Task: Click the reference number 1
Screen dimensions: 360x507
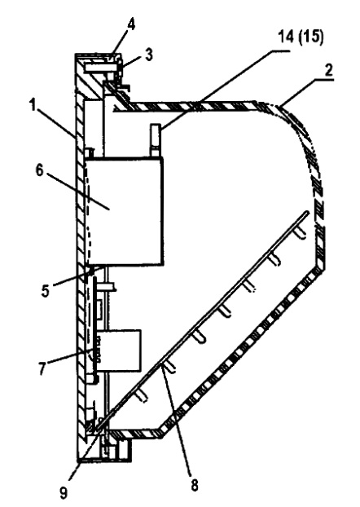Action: coord(33,105)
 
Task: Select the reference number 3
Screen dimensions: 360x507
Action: coord(149,55)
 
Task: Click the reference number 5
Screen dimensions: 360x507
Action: coord(46,291)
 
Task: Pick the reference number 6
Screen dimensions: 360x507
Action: coord(39,170)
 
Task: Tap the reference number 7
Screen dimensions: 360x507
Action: coord(42,368)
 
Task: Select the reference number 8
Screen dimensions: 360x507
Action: coord(195,485)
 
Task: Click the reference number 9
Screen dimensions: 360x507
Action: coord(64,493)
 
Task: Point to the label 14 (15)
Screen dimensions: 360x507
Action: coord(301,37)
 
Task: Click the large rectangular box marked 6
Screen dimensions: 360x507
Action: coord(125,211)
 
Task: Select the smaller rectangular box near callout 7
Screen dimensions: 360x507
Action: coord(119,350)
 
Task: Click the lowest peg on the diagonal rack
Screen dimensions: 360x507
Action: coord(142,395)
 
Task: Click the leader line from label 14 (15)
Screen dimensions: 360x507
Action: coord(226,90)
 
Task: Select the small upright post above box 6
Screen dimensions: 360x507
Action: coord(155,140)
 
